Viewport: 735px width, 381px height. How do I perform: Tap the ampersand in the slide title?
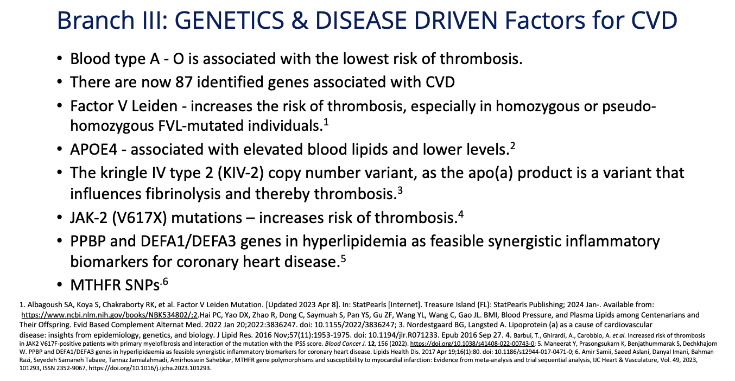[299, 20]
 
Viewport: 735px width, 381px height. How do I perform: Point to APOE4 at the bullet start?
[93, 150]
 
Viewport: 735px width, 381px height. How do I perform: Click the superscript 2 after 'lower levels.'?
[512, 145]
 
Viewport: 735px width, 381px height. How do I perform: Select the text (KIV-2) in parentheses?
[240, 173]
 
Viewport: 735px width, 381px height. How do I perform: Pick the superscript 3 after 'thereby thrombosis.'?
[400, 190]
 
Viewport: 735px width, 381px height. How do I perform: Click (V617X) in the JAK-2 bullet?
[140, 218]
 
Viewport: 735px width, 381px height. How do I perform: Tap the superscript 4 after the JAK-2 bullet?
[461, 214]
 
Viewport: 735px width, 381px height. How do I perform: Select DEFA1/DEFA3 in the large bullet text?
[188, 241]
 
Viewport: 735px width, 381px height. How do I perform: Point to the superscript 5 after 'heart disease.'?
[343, 258]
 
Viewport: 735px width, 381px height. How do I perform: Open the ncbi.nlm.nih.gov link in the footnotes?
[110, 315]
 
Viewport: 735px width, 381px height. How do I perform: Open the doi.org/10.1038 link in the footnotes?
[472, 344]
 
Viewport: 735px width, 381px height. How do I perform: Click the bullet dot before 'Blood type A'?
[59, 59]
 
